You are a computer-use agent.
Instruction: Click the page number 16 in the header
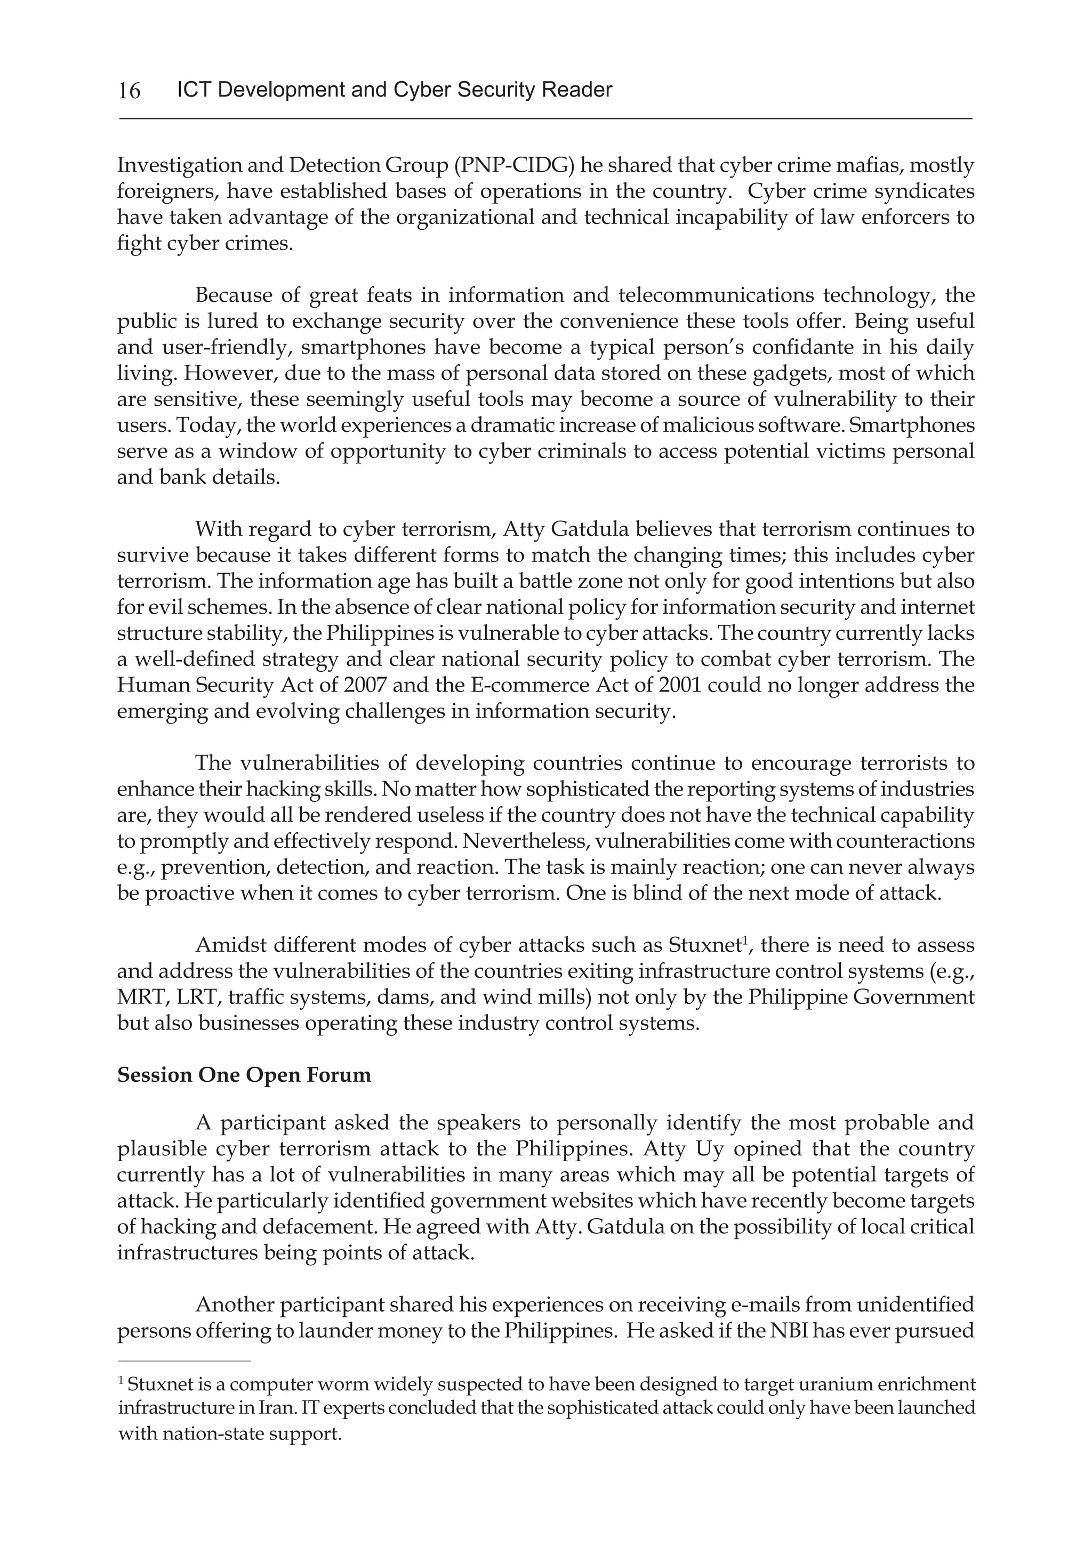click(129, 90)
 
